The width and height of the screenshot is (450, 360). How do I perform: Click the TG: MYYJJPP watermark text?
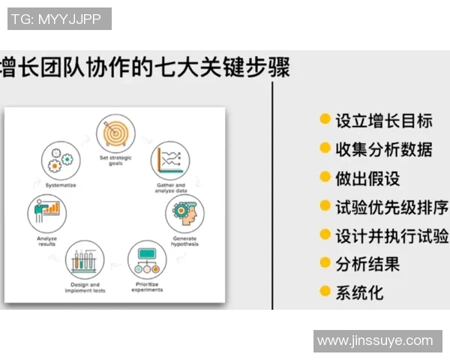pos(59,19)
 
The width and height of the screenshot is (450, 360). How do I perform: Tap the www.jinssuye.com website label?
pos(375,340)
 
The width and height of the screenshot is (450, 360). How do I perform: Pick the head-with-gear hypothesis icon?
pos(184,214)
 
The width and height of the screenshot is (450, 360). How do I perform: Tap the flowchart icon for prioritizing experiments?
pos(147,259)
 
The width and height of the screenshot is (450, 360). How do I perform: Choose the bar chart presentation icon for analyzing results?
pos(46,212)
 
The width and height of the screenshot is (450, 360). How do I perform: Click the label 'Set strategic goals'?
pos(115,162)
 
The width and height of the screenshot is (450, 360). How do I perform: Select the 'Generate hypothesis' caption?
pos(184,241)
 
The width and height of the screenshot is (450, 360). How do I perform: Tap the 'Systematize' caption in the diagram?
pos(60,184)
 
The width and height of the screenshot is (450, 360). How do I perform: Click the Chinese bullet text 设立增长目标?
pos(383,120)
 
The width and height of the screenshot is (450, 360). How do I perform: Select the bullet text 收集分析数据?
pos(383,148)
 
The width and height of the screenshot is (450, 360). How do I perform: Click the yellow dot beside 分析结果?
pos(325,262)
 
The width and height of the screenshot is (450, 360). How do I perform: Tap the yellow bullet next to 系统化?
pos(325,291)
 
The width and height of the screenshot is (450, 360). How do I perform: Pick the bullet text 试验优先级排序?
pos(391,206)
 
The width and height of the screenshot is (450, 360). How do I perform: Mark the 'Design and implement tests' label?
pos(84,287)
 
